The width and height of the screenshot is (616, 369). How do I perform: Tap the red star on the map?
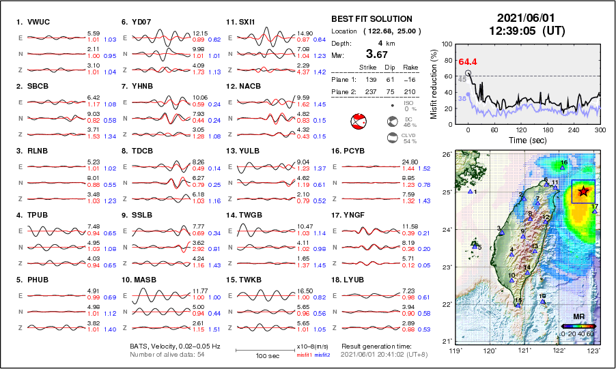click(x=582, y=192)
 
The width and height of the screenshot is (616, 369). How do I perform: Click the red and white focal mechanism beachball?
click(x=358, y=123)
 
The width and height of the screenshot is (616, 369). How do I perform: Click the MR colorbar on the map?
click(x=577, y=327)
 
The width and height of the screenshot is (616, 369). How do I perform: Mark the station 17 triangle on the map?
click(x=594, y=211)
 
